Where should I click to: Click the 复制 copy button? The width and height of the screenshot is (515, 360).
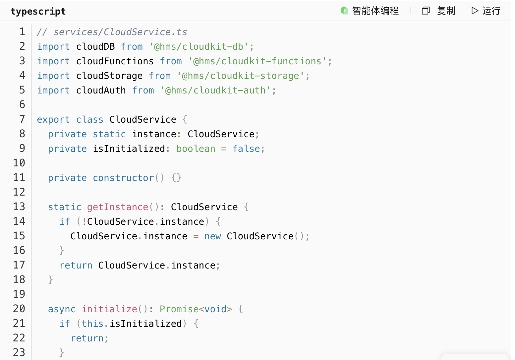coord(439,11)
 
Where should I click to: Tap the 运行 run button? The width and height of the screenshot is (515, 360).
coord(486,11)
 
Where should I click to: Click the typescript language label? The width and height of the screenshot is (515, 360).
coord(38,11)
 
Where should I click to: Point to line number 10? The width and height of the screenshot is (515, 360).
coord(19,163)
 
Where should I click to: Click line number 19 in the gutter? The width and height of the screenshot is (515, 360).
coord(19,294)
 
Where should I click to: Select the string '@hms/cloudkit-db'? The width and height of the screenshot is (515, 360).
coord(199,46)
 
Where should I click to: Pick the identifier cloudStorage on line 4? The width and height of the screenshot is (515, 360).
coord(109,76)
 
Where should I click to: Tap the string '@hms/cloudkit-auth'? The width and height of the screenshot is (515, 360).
coord(215,90)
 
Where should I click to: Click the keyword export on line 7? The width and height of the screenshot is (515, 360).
coord(53,120)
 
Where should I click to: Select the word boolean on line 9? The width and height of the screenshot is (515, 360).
coord(196,149)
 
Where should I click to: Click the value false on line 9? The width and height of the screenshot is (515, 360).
coord(246,149)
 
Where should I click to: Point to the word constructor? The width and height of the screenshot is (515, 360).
coord(124,178)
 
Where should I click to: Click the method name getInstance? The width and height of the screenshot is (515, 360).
coord(118,207)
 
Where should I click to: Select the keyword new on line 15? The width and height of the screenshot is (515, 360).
coord(213,236)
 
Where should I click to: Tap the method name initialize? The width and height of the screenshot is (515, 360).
coord(109,309)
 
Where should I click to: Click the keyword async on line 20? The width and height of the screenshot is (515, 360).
coord(62,309)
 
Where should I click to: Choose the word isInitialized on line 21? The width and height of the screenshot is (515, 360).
coord(145,324)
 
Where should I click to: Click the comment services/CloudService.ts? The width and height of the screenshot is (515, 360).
coord(120,32)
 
